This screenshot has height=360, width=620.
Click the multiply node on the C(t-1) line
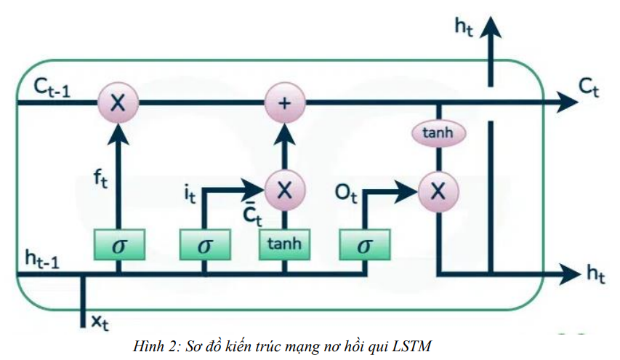click(x=117, y=103)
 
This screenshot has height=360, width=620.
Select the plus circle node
click(x=284, y=103)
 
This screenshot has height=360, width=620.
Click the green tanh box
click(x=284, y=244)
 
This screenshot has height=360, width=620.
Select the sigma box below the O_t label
click(x=364, y=245)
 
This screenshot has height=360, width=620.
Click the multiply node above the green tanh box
click(x=284, y=191)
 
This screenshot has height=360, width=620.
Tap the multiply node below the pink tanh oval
click(x=438, y=191)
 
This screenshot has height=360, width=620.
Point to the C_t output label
click(x=589, y=88)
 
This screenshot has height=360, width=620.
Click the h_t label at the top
click(x=464, y=27)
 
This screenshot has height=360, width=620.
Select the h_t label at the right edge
click(x=596, y=273)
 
